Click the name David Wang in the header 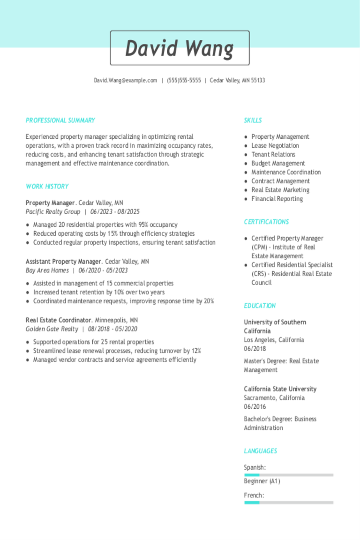(x=180, y=48)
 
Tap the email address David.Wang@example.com (x=125, y=81)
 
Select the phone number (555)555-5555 (x=184, y=81)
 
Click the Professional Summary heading (x=60, y=120)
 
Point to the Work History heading (x=47, y=187)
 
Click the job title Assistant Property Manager (x=63, y=262)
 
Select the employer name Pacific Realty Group (x=53, y=212)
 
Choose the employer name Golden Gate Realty (x=52, y=329)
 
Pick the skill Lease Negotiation (x=275, y=146)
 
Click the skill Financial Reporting (x=277, y=199)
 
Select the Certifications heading (x=266, y=222)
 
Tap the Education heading (x=260, y=306)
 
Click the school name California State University (x=280, y=389)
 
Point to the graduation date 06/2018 (x=255, y=349)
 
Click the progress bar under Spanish (x=288, y=475)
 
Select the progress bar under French (x=288, y=502)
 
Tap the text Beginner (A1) (x=262, y=481)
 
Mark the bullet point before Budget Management (x=246, y=164)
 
